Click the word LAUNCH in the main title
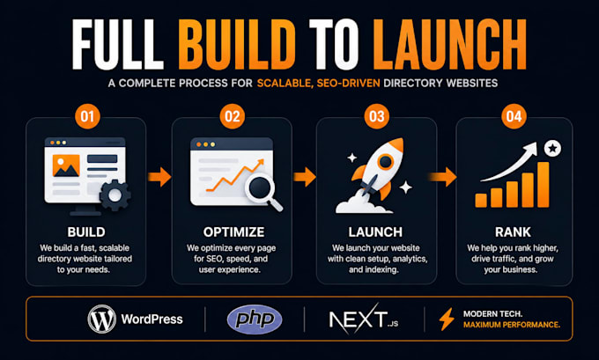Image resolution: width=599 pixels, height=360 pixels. tap(449, 44)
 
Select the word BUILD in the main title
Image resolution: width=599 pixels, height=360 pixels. tap(237, 44)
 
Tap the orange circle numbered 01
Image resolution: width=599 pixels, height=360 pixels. tap(87, 116)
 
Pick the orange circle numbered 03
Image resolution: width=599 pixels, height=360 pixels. tap(377, 116)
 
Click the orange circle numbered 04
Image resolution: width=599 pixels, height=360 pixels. tap(514, 116)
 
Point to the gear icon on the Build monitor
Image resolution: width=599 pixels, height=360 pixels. tap(115, 195)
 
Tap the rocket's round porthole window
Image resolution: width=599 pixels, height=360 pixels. tap(386, 161)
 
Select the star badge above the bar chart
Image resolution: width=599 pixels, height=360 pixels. tap(552, 148)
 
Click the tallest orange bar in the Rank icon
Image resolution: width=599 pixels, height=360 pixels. tap(544, 184)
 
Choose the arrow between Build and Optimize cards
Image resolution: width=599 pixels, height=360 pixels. tap(159, 177)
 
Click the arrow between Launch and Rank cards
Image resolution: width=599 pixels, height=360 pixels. tap(443, 177)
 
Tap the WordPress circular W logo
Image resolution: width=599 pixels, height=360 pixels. tap(101, 320)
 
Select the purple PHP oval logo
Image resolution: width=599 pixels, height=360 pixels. tap(255, 320)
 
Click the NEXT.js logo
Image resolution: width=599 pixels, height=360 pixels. tap(363, 320)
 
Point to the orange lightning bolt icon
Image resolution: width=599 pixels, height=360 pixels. tap(447, 319)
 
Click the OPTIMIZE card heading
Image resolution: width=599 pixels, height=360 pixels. tap(233, 232)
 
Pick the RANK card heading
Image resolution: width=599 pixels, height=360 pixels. tap(513, 232)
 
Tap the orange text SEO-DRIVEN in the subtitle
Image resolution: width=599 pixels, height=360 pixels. tap(348, 84)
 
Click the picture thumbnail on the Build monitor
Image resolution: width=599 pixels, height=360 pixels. tap(66, 165)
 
